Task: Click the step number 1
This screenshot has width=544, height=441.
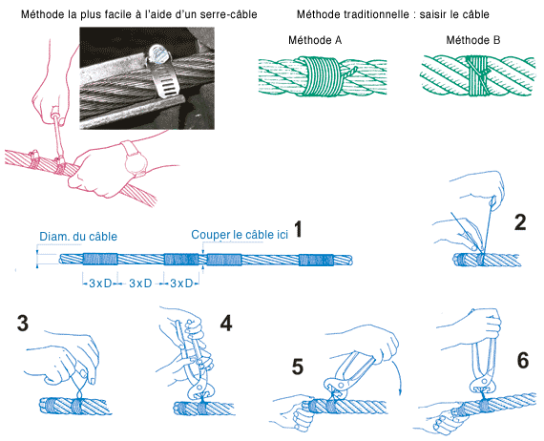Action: tap(298, 229)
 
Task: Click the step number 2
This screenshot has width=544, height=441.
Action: tap(520, 222)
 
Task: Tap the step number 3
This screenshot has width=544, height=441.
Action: tap(23, 323)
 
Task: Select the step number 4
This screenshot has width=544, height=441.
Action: tap(226, 324)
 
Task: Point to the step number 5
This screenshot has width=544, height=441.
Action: tap(298, 367)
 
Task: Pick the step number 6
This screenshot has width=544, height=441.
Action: tap(523, 360)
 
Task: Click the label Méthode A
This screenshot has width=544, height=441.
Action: tap(315, 40)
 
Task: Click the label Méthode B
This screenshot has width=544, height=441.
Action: tap(473, 40)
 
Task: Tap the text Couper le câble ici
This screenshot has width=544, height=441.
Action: tap(240, 235)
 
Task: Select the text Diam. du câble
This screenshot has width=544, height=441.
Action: tap(78, 237)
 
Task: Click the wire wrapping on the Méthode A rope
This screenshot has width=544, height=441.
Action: tap(321, 76)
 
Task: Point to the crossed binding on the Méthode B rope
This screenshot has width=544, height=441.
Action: tap(478, 75)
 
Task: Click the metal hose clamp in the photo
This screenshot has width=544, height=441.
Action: tap(161, 73)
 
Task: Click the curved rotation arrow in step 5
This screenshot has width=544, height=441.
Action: tap(397, 377)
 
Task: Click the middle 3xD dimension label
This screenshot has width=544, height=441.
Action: tap(140, 283)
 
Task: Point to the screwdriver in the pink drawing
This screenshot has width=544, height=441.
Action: tap(58, 136)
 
